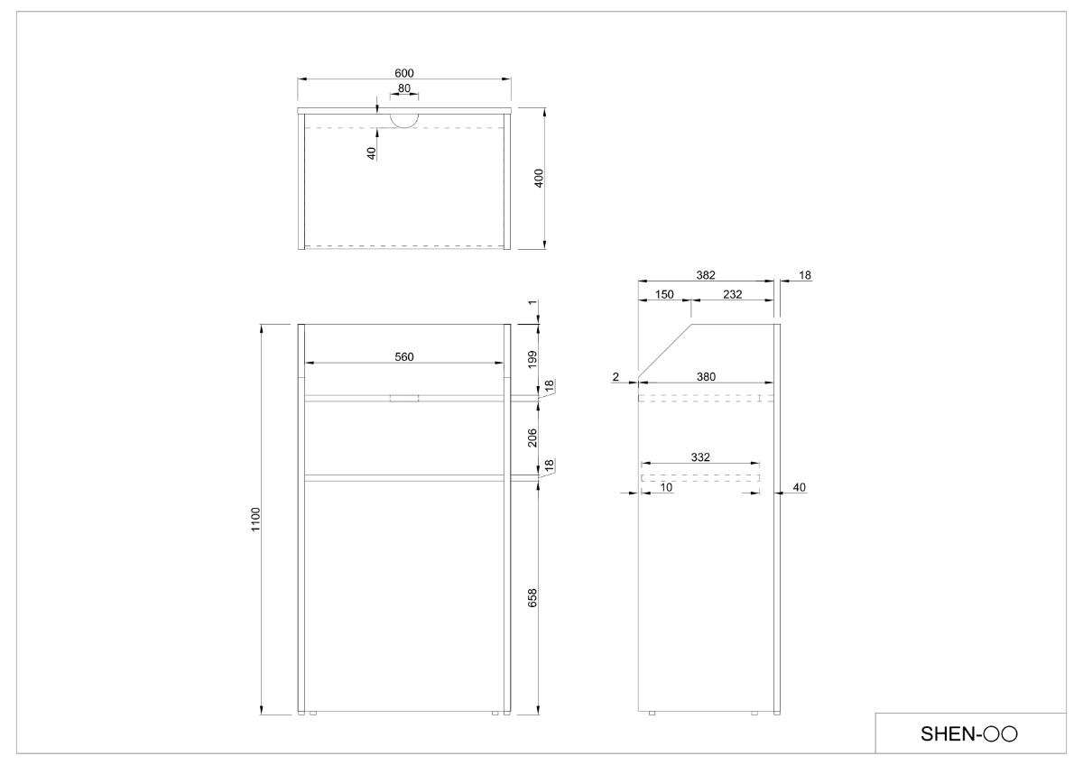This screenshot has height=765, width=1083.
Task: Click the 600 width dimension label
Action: pos(404,73)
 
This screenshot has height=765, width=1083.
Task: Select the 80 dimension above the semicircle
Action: pos(404,88)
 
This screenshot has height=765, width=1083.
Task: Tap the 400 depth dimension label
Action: pos(539,179)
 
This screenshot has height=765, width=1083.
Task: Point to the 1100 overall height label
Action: pos(255,520)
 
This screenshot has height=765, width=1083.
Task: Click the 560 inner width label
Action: pos(404,356)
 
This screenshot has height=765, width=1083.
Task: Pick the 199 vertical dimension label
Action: pos(532,360)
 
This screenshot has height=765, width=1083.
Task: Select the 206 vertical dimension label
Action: pos(532,438)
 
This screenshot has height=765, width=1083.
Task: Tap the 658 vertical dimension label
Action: pos(532,598)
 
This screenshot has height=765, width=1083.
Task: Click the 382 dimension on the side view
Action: pos(706,275)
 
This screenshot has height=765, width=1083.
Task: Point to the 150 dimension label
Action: pos(664,294)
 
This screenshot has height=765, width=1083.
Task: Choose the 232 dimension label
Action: pos(733,294)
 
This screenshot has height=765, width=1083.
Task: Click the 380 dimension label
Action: pos(706,376)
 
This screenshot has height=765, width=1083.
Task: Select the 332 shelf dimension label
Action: pos(700,456)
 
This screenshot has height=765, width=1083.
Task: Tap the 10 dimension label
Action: pos(666,487)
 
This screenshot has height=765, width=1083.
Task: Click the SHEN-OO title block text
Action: pos(969,733)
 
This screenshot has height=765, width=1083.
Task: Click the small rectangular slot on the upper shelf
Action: pos(404,398)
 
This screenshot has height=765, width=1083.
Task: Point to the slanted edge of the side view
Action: pos(665,351)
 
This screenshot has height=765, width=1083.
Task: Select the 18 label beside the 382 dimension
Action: pos(804,275)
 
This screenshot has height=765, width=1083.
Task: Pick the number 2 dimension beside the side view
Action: pos(616,376)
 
